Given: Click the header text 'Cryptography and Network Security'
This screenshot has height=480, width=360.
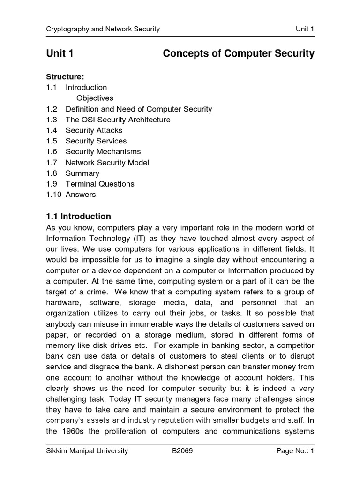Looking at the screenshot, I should pos(103,29).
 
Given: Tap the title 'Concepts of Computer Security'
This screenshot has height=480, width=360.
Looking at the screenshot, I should pos(238,54).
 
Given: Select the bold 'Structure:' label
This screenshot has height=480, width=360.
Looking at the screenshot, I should pos(65,76).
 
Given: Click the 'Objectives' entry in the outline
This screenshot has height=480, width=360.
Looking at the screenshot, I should pos(95,98).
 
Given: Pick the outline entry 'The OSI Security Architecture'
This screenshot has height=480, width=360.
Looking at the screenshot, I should pos(118,120).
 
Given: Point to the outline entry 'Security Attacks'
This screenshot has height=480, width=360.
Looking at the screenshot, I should pos(94,130).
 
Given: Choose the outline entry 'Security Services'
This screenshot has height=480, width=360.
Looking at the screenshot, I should pos(96,141).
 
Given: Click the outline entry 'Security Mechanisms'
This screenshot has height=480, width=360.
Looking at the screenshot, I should pos(103,152).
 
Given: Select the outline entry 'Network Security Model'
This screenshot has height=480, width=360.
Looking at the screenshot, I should pos(107,163).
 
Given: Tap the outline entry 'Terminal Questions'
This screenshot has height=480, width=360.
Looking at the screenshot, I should pos(100,184).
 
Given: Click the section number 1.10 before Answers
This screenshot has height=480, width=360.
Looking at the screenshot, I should pos(53,195).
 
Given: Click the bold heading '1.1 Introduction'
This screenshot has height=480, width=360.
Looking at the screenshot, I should pos(78,217).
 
